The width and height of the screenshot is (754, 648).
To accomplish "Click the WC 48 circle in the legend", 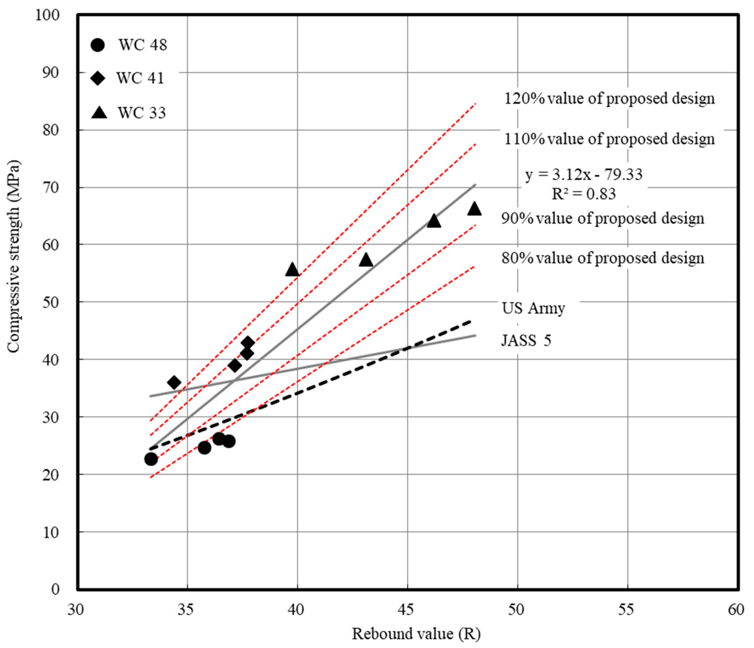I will (98, 45).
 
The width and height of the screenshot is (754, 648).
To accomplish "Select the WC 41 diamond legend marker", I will (98, 78).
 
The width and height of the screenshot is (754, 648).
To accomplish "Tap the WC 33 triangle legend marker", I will (99, 112).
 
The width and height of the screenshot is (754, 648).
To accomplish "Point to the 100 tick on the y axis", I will (48, 15).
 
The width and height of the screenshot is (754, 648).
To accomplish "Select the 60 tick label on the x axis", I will (736, 609).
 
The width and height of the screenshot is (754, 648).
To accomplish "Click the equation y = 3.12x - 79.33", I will (584, 175).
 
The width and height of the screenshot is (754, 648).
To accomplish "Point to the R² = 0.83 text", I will (584, 194).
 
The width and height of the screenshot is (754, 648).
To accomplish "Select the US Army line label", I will (533, 309).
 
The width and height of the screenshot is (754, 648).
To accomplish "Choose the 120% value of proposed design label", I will (609, 99).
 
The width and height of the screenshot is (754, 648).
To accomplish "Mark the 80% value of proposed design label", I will (603, 258).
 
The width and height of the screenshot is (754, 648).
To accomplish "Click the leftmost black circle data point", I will (151, 459).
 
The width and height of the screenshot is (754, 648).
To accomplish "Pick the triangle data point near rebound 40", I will (292, 270).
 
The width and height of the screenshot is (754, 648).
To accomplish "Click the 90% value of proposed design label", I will (603, 218).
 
